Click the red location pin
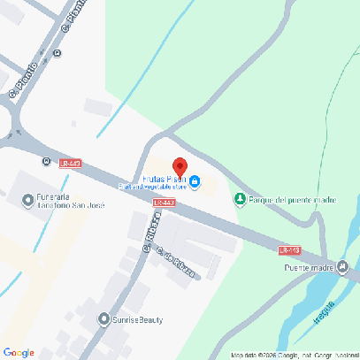[x=179, y=167]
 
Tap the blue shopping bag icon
[x=195, y=184]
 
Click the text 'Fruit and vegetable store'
[x=153, y=187]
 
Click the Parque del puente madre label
[x=293, y=200]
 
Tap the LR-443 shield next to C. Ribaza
[x=164, y=203]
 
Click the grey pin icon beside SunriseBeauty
[x=104, y=318]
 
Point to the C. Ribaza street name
[x=150, y=236]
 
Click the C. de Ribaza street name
[x=175, y=263]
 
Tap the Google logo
[x=19, y=353]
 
